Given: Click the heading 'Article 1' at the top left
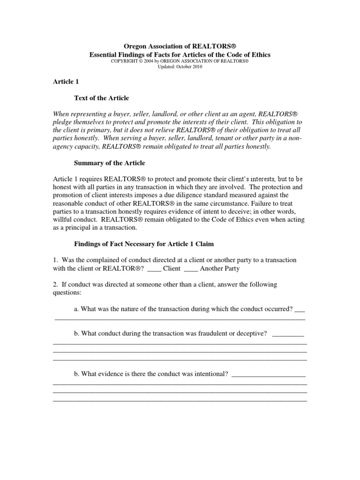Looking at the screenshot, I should pos(65,82).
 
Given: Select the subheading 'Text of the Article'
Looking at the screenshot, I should pos(101,98).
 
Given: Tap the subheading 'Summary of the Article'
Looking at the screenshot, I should pos(110,163).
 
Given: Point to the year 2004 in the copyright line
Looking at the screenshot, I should pos(153,61).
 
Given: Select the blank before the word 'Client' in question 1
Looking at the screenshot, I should pos(154,269).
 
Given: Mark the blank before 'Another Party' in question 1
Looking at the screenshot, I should pos(191,269).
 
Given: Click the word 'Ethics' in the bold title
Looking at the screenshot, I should pos(260,55).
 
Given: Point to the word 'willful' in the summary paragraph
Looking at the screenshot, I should pos(64,219).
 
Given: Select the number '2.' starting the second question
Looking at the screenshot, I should pos(55,285).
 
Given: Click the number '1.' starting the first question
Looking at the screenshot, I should pos(55,260).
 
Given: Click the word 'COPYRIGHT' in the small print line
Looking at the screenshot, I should pos(123,61).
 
